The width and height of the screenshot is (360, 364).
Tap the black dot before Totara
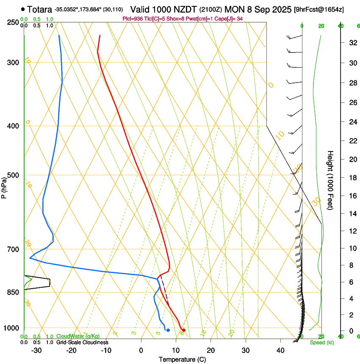[22, 9]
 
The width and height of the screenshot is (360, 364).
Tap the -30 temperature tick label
[36, 350]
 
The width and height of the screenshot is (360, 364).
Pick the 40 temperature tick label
[280, 350]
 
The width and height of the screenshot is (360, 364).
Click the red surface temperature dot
[183, 330]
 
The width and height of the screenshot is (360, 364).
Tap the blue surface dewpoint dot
[168, 330]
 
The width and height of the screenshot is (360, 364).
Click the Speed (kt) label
[321, 342]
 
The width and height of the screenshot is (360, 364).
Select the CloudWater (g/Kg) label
[78, 336]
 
